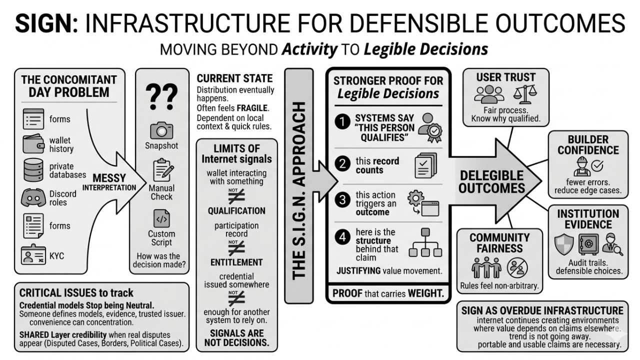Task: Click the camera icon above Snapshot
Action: point(161,131)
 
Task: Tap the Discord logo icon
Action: point(33,198)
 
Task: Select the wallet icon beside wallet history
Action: point(33,144)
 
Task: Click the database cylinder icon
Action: point(33,171)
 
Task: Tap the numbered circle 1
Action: point(342,121)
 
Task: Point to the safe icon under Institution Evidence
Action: point(588,244)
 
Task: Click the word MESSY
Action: point(109,178)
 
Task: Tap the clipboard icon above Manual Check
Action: point(161,170)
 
